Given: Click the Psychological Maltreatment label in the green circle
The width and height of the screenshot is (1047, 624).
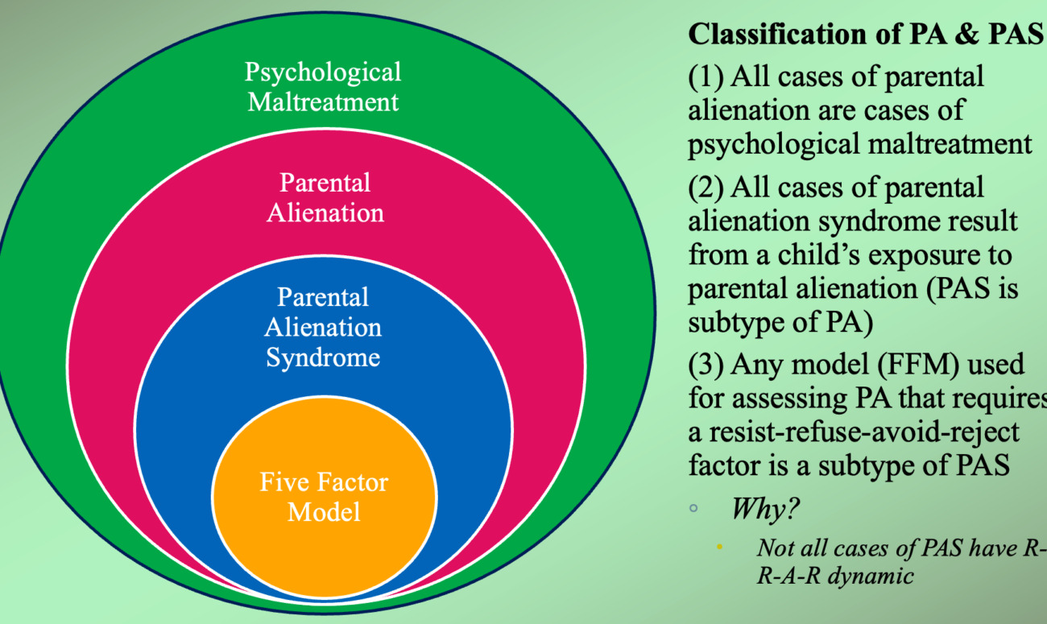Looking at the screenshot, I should coord(323,87).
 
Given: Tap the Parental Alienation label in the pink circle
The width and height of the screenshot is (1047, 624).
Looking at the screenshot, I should coord(325,197).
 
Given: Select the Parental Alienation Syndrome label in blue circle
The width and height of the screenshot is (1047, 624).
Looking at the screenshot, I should coord(323,327).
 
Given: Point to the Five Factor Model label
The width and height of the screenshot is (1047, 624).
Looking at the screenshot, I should coord(324,497).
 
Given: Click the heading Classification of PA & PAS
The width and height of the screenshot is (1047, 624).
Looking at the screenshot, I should coord(865,35).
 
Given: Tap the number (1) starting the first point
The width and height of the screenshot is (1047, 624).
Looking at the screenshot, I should coord(706,77).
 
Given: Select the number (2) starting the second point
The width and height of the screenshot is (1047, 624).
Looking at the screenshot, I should coord(706,188).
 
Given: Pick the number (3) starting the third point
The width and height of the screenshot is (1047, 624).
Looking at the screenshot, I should coord(706,365).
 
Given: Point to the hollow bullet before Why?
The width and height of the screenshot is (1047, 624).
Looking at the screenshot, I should coord(693,509).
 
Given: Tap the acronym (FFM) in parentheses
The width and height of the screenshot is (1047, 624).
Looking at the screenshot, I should coord(898,365).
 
